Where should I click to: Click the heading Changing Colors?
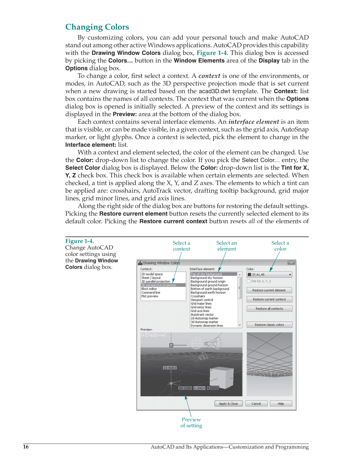coord(97,27)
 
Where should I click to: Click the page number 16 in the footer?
coord(26,447)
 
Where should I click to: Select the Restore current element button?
coord(269,290)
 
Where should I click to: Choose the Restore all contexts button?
coord(269,309)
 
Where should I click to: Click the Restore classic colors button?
coord(269,325)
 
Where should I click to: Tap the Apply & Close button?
coord(228,404)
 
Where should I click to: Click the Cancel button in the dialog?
coord(256,404)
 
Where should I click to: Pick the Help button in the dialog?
coord(281,404)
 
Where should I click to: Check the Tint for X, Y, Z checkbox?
coord(249,281)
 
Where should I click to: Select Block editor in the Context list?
coord(149,289)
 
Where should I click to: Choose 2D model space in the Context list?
coord(152,274)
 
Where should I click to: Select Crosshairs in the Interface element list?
coord(198,296)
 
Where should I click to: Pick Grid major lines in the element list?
coord(201,304)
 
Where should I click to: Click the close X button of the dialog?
coord(291,263)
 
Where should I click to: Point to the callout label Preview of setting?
coord(191,423)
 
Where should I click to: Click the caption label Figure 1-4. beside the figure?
coord(79,241)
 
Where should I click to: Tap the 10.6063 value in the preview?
coord(170,368)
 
